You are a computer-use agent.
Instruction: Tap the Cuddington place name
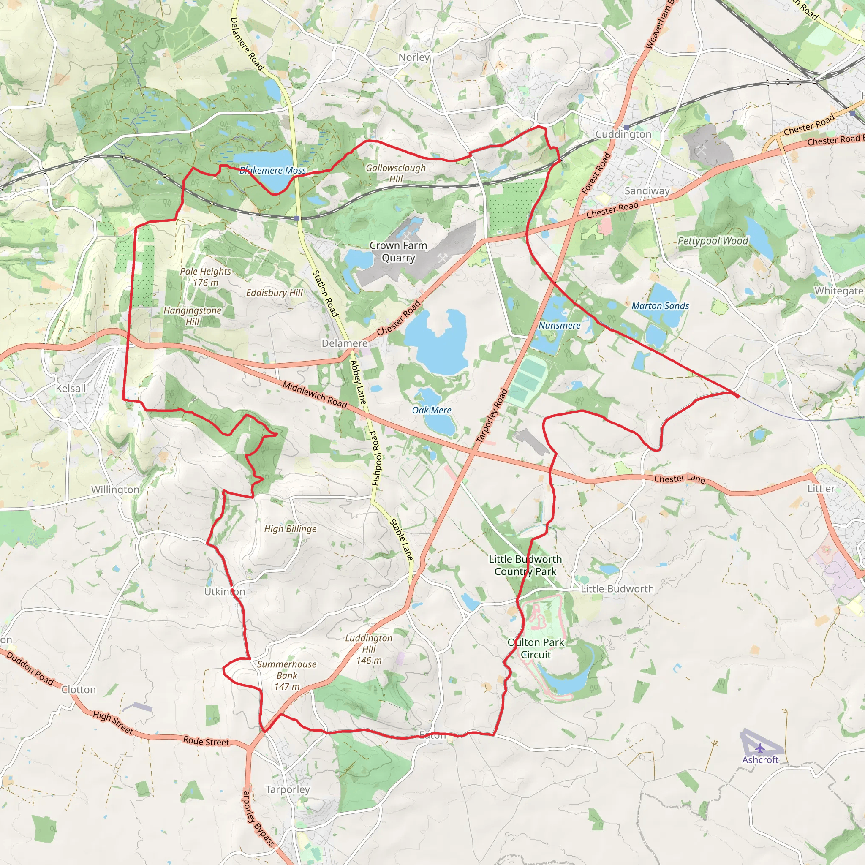pos(623,134)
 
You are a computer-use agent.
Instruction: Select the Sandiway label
pos(647,191)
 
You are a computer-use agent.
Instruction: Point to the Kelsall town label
pos(71,389)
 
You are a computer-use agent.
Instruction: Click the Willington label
pos(115,490)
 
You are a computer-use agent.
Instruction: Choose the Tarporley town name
pos(288,789)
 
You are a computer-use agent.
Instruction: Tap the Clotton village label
pos(79,689)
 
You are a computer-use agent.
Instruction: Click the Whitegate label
pos(838,291)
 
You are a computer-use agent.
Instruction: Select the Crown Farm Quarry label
pos(398,252)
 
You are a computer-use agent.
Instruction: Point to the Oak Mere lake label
pos(432,410)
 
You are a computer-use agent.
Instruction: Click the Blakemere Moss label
pos(273,171)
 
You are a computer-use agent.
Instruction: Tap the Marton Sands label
pos(660,306)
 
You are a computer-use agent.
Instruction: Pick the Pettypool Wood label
pos(713,241)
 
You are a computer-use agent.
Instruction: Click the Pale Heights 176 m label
pos(206,277)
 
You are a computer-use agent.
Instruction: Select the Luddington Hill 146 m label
pos(369,649)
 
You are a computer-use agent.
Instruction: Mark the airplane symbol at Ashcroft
pos(760,748)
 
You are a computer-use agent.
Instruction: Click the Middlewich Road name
pos(315,395)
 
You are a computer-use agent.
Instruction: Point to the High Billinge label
pos(290,529)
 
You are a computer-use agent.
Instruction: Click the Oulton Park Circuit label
pos(536,648)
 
